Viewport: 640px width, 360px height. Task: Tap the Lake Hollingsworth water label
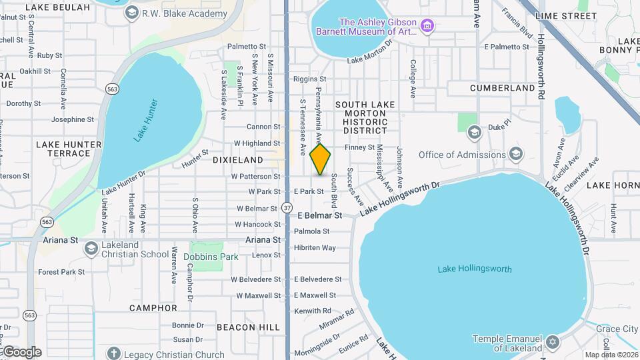475,269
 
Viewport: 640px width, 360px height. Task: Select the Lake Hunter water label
147,121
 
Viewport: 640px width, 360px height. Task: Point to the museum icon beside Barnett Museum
427,27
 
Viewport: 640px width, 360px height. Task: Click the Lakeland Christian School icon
91,249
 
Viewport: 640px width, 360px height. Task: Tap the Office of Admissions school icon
516,155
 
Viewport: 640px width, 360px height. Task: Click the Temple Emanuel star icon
551,343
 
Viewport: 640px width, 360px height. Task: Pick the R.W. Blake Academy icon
131,13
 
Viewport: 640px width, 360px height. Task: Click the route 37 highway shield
287,208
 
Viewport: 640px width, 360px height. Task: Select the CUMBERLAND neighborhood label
502,87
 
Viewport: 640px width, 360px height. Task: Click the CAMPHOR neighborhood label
153,308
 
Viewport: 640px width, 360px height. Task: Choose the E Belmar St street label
319,216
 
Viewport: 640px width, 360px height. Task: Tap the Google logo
21,352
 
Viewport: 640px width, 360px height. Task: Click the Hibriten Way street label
315,247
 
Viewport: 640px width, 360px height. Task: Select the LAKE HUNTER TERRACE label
69,149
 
